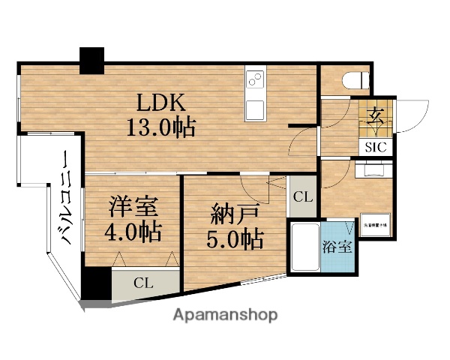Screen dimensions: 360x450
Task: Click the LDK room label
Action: tap(159, 102)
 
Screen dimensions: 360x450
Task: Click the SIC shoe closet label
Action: tap(376, 148)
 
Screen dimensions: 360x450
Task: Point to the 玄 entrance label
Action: tap(376, 118)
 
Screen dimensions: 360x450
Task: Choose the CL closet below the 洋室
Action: tap(145, 283)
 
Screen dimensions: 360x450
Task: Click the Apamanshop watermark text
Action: tap(226, 315)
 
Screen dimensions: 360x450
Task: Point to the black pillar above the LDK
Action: tap(92, 60)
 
